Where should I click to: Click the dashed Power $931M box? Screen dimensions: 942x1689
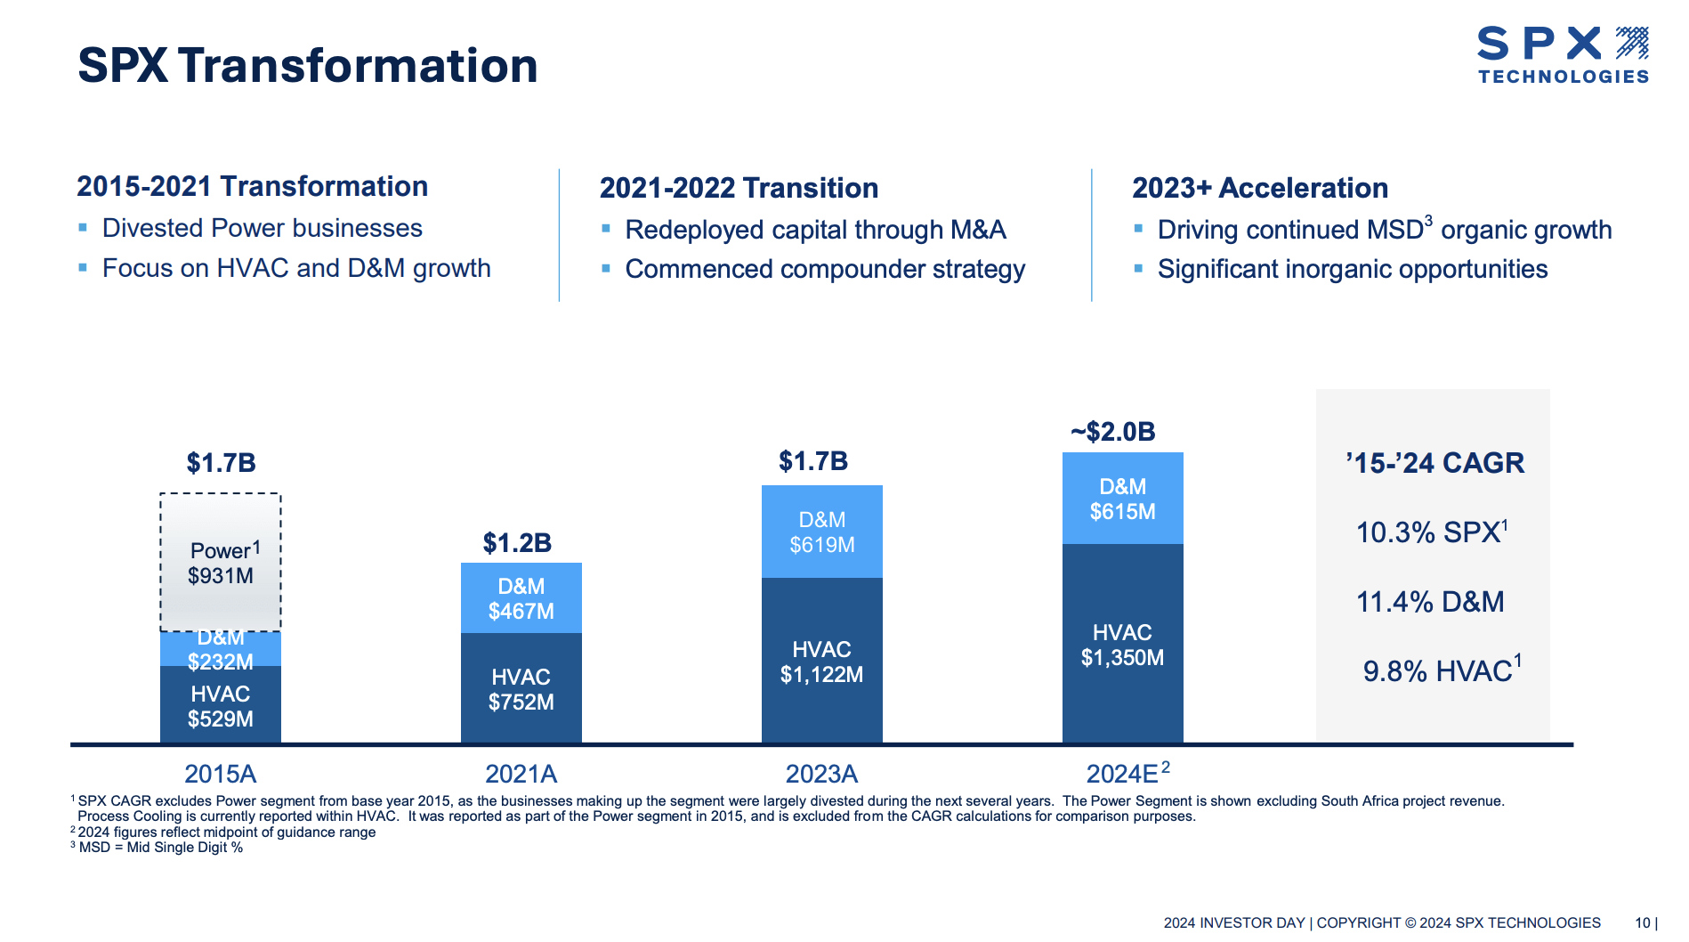221,562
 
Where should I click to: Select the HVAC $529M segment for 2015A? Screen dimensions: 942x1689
221,706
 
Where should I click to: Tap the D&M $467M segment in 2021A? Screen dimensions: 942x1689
521,598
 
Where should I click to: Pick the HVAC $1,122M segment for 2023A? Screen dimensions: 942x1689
821,662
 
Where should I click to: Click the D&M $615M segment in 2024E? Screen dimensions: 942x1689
1122,499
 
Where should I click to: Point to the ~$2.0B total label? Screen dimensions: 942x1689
1112,432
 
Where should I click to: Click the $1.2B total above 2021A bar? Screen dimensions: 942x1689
517,542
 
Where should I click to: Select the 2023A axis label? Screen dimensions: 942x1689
821,773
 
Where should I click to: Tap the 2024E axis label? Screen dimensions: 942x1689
1126,773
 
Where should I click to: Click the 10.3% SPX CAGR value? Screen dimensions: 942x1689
1430,532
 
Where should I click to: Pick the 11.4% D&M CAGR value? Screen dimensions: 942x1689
1430,601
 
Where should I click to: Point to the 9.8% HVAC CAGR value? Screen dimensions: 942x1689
1441,670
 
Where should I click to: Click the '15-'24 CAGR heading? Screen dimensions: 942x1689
1434,463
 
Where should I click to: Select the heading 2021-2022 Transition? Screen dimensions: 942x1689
739,188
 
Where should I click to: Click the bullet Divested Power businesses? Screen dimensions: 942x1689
262,228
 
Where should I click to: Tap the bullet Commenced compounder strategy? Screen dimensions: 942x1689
825,269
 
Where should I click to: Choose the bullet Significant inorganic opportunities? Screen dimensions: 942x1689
1352,269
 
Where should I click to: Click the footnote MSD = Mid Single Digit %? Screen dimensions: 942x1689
160,847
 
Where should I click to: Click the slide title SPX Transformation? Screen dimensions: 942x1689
308,66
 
